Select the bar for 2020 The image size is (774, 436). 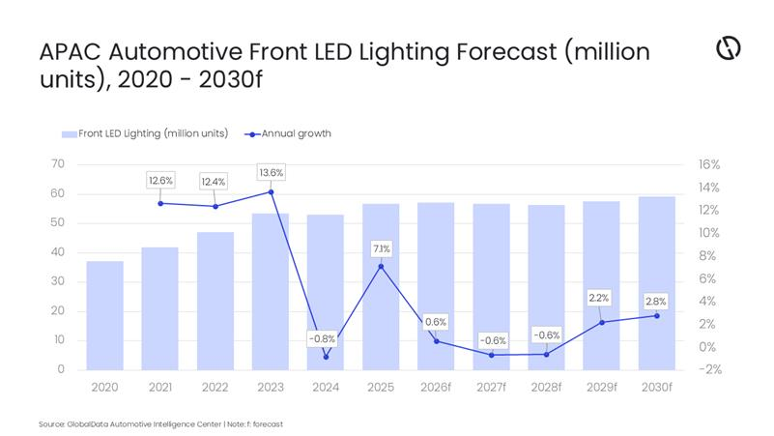104,315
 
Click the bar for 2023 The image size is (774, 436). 271,291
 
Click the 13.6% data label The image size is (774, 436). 271,172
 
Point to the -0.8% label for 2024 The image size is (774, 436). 322,338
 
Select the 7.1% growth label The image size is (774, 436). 381,248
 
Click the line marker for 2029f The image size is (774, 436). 601,322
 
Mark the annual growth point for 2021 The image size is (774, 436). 159,203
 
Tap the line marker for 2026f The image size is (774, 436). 436,340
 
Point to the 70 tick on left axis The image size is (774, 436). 58,164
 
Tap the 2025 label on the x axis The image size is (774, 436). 381,387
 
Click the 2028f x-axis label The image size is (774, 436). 546,387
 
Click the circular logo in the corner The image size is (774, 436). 728,49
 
